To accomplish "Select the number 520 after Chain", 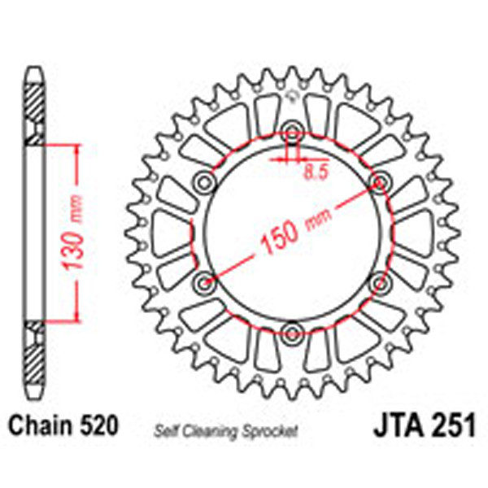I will pyautogui.click(x=101, y=425).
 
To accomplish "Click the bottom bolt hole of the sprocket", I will pyautogui.click(x=292, y=331).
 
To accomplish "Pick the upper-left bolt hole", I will pyautogui.click(x=204, y=179).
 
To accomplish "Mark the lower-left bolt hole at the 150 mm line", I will pyautogui.click(x=204, y=281).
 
